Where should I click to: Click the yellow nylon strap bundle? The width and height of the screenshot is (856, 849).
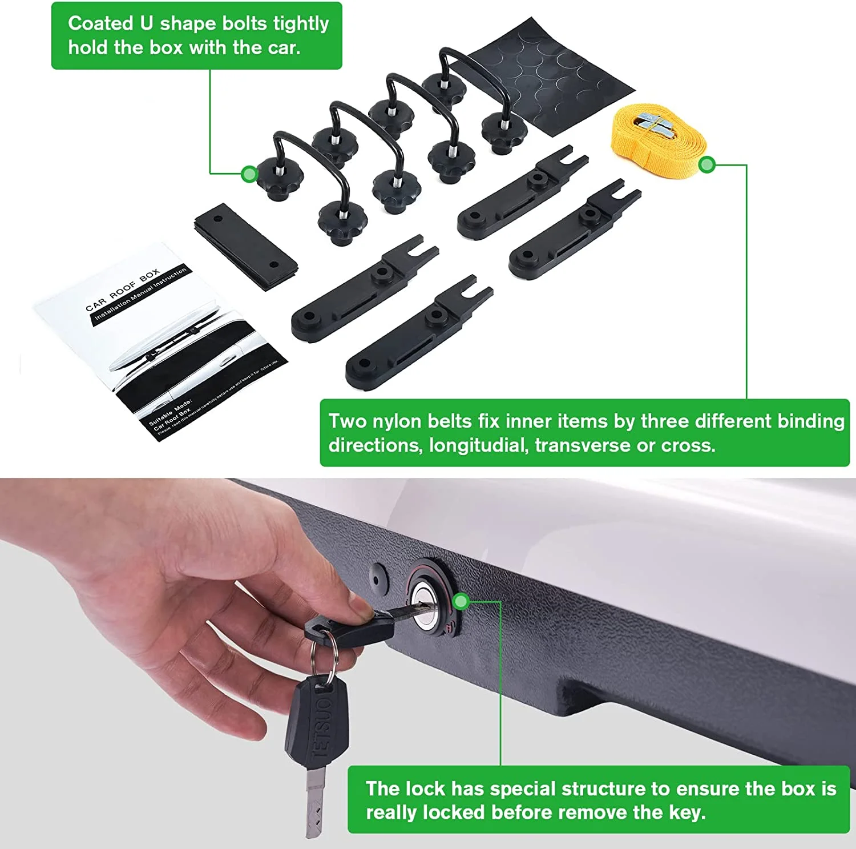tap(656, 143)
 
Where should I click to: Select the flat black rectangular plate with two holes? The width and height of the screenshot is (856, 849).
tap(245, 247)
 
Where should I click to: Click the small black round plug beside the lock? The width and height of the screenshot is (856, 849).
tap(378, 577)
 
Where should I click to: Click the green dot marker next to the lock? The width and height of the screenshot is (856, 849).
tap(461, 601)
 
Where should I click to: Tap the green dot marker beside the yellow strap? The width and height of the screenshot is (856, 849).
tap(707, 165)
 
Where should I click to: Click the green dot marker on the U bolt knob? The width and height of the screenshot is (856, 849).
tap(249, 174)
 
